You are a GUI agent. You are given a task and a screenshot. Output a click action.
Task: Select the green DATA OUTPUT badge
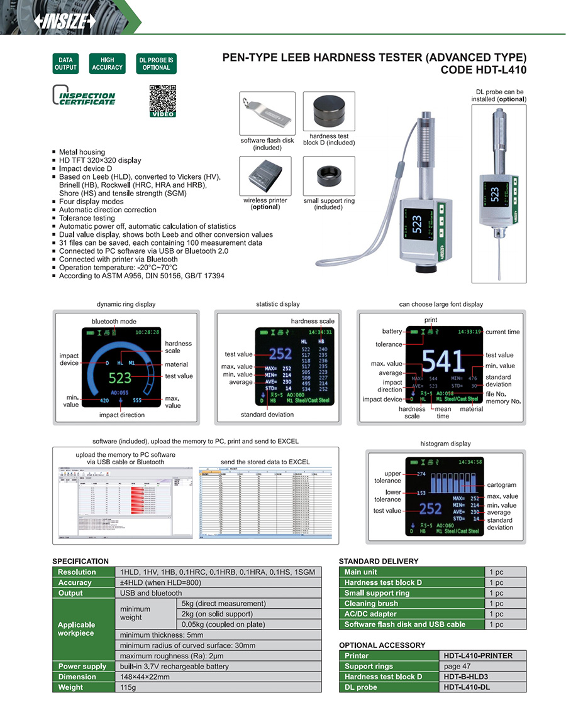click(x=64, y=63)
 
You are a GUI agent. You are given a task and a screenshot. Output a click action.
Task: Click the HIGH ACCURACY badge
click(x=107, y=63)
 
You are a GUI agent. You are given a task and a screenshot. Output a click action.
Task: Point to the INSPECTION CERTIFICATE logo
click(x=84, y=96)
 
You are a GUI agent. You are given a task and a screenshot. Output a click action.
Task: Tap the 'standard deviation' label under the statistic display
click(x=267, y=415)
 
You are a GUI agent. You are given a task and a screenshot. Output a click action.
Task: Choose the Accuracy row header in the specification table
click(x=75, y=582)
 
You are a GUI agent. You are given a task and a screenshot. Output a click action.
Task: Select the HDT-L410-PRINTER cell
click(x=482, y=656)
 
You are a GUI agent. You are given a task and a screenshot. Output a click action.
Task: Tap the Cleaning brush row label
click(x=370, y=604)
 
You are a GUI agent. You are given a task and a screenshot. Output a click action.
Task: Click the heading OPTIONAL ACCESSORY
click(x=382, y=645)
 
